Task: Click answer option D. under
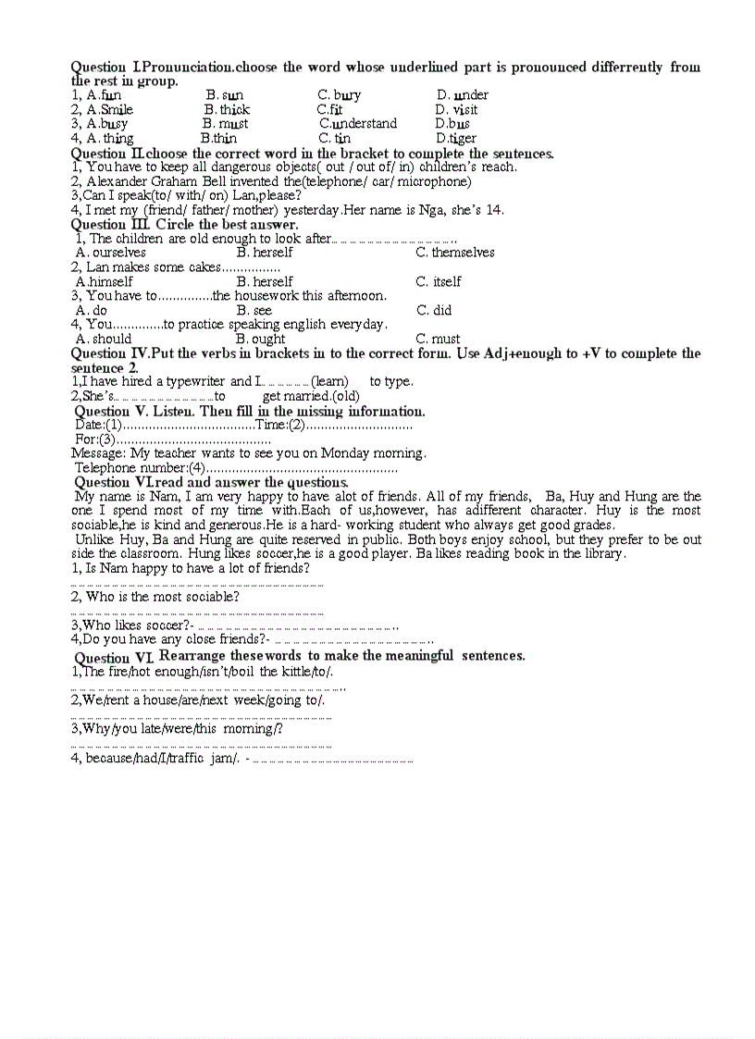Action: tap(462, 95)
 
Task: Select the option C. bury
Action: tap(339, 95)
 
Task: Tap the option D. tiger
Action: tap(455, 139)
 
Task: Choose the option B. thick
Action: tap(227, 109)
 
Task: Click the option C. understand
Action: tap(358, 124)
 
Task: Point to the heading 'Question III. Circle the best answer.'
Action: tap(184, 224)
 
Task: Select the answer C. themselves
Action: tap(454, 253)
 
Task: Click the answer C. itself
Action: tap(438, 282)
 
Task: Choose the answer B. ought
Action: tap(261, 340)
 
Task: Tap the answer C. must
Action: tap(438, 340)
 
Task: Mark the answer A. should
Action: tap(104, 340)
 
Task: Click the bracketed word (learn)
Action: tap(329, 382)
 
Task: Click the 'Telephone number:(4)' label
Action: tap(139, 468)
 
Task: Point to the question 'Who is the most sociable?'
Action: tap(155, 597)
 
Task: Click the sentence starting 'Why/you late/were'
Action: tap(177, 729)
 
